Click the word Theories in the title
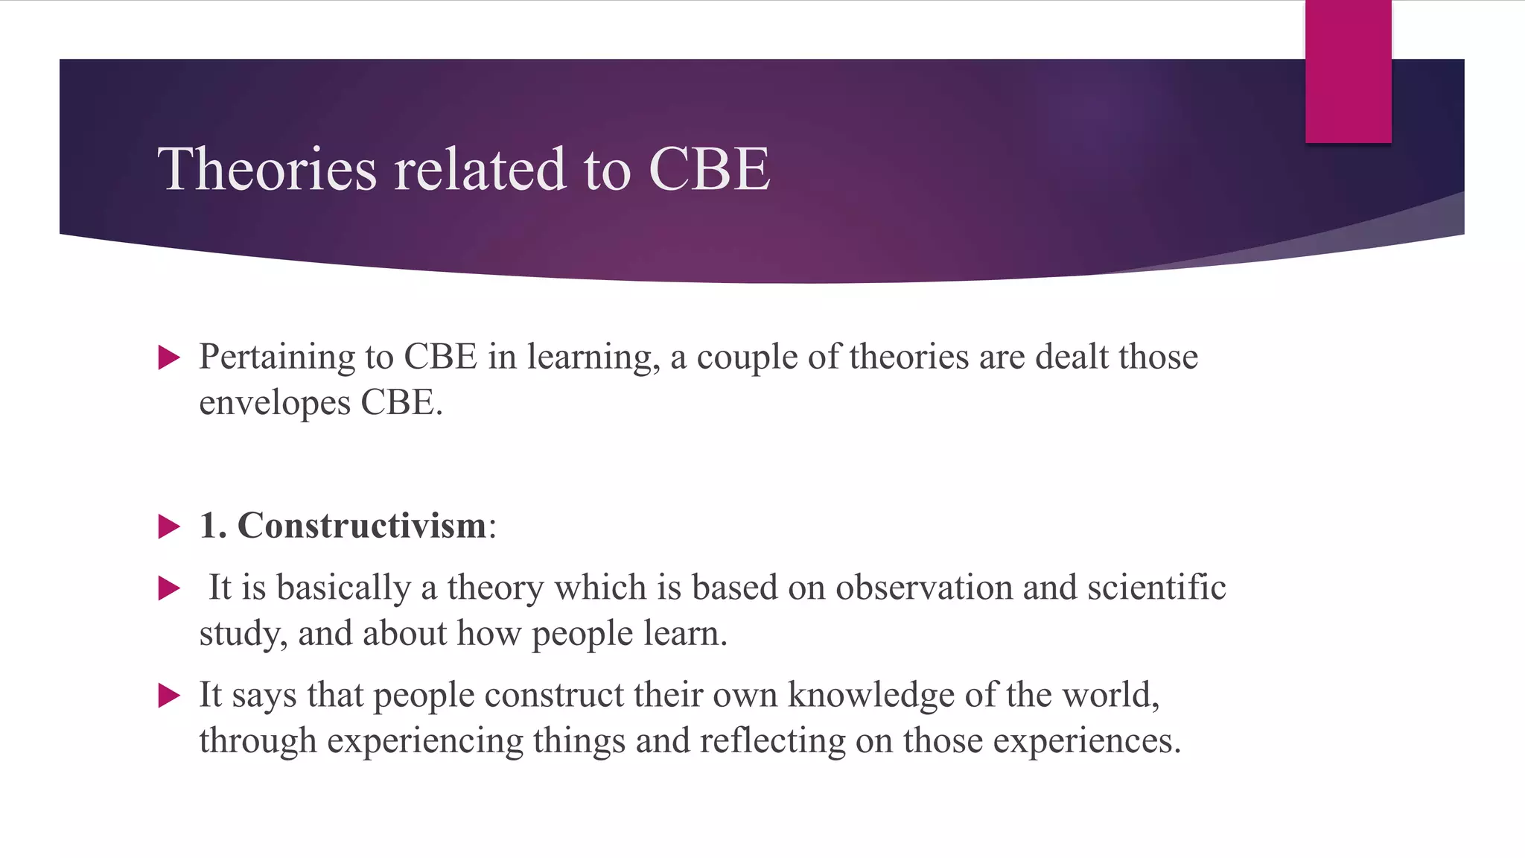point(267,169)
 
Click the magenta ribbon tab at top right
point(1348,71)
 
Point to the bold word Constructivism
point(362,526)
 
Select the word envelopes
point(275,404)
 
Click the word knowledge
point(871,695)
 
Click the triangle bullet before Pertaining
point(170,358)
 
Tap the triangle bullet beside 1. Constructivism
point(170,527)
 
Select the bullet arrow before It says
point(170,696)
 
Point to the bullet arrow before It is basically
point(170,589)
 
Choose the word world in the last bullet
point(1109,695)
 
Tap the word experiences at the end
point(1086,741)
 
